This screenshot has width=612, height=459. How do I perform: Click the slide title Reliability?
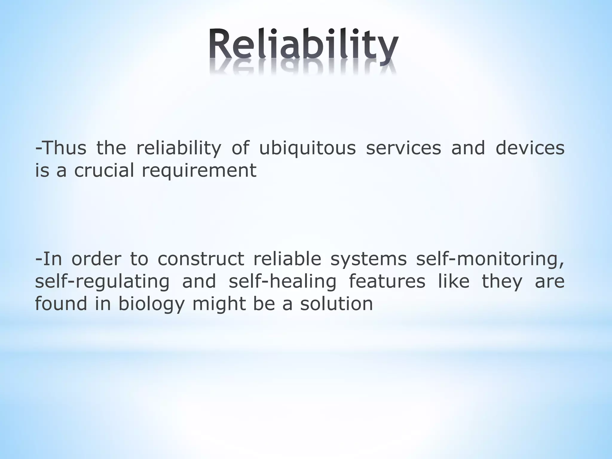tap(303, 45)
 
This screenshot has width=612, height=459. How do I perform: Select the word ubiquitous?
tap(307, 148)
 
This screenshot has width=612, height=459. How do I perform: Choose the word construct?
tap(201, 259)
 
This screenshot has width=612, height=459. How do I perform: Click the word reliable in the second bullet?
tap(287, 259)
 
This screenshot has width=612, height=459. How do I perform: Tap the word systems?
tap(368, 259)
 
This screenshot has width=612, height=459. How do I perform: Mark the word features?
tap(387, 281)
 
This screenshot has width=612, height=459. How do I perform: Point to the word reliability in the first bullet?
tap(179, 148)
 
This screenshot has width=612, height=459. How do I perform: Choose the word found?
tap(61, 304)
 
